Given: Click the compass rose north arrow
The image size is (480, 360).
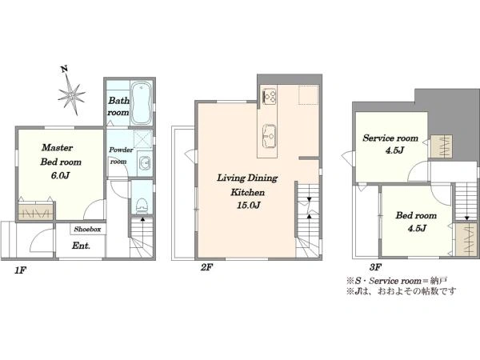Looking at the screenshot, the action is [71, 93].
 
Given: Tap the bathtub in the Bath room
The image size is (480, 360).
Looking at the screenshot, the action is [141, 103].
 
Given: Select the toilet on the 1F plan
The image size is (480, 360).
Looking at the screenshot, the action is [142, 206].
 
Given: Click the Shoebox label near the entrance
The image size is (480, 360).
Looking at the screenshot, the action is [87, 229].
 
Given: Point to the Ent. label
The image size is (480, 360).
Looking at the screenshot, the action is [81, 246].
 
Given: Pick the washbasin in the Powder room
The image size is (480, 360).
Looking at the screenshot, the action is [145, 163].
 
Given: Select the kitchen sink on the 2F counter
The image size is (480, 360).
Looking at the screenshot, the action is [269, 136].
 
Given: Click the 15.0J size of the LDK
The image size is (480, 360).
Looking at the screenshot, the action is [248, 206].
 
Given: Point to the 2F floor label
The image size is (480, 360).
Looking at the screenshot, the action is [206, 267].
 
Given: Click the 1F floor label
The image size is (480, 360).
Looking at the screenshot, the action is [21, 270].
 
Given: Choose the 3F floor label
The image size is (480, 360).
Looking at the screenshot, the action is [375, 267].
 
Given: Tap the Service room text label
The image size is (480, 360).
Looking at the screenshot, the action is [390, 138].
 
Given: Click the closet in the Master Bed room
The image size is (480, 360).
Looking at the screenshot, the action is [36, 210].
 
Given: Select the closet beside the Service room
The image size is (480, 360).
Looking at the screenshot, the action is [441, 146].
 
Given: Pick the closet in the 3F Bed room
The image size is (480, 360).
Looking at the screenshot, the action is [466, 240].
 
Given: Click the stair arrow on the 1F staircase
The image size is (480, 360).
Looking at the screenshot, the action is [142, 219].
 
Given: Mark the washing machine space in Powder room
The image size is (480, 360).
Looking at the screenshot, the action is [143, 139].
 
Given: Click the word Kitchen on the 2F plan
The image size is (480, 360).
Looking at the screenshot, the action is [247, 192].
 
